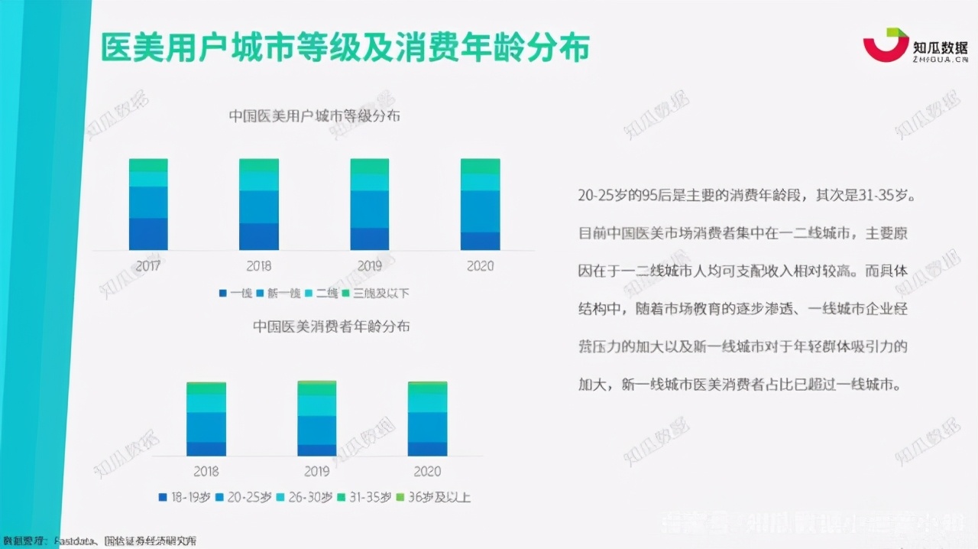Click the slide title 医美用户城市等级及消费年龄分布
[x=345, y=48]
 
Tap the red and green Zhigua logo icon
[x=886, y=45]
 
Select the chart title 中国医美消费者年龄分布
[x=331, y=326]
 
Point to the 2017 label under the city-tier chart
[x=147, y=266]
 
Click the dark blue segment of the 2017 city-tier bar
[x=148, y=234]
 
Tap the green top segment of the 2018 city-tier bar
[x=259, y=164]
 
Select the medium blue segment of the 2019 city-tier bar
[x=370, y=210]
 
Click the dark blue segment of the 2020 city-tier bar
[x=480, y=241]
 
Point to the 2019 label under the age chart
[x=316, y=471]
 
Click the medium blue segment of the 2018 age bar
[x=206, y=427]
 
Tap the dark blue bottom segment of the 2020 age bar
[x=428, y=449]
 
